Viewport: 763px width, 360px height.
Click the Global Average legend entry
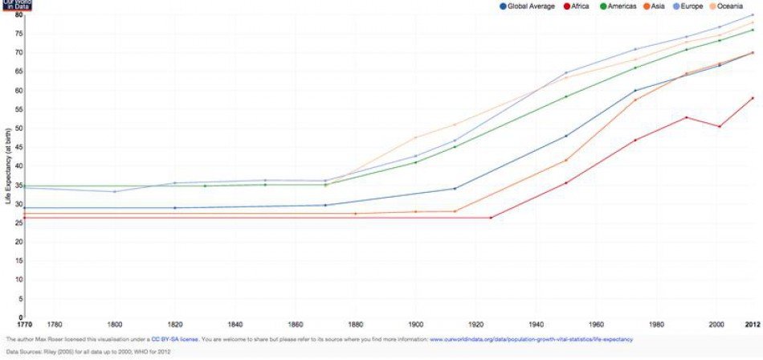pyautogui.click(x=531, y=6)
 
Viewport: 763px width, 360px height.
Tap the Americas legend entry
pyautogui.click(x=618, y=6)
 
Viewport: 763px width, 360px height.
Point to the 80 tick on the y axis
pyautogui.click(x=18, y=14)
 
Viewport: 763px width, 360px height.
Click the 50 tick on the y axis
pyautogui.click(x=18, y=129)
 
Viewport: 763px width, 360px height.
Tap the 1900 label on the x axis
pyautogui.click(x=415, y=325)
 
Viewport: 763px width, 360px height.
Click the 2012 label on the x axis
pyautogui.click(x=752, y=325)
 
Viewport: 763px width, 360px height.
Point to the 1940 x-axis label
pyautogui.click(x=536, y=325)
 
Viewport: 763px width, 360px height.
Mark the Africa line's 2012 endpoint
pyautogui.click(x=753, y=98)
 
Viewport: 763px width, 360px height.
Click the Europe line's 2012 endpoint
pyautogui.click(x=753, y=15)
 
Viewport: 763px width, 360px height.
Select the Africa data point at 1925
pyautogui.click(x=491, y=218)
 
